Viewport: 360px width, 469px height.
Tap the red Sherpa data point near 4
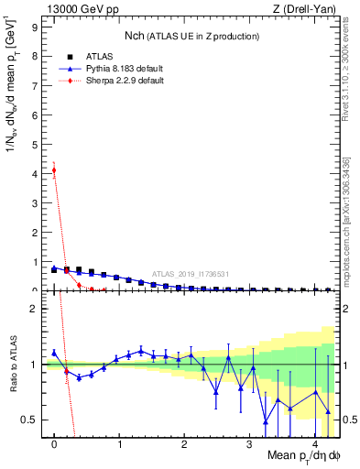click(x=54, y=169)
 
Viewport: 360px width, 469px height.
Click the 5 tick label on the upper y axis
click(x=37, y=145)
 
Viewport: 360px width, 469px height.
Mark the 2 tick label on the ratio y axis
click(x=37, y=309)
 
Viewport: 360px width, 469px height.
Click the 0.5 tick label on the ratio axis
click(x=33, y=420)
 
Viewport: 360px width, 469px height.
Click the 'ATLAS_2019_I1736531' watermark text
click(x=191, y=273)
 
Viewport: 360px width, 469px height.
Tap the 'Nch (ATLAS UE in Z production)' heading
click(x=191, y=36)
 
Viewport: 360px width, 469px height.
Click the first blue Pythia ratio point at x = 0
click(x=54, y=352)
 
